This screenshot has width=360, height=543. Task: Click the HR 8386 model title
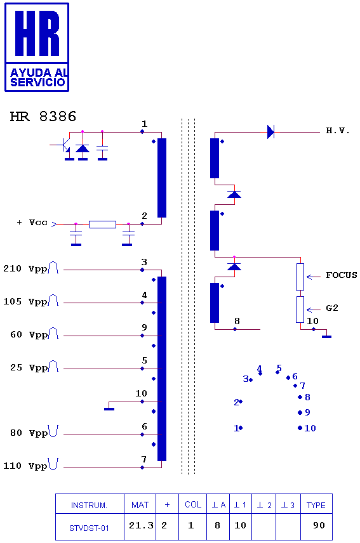tap(43, 116)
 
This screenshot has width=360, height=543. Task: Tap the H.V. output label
tap(338, 131)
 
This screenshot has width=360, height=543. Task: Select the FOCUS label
tap(342, 275)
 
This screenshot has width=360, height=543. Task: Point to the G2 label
tap(332, 308)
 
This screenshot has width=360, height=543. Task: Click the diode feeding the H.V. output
tap(270, 132)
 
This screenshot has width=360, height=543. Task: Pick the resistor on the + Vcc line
tap(103, 225)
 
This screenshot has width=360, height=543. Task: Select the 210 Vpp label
tap(25, 269)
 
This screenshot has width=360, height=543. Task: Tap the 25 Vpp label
tap(29, 368)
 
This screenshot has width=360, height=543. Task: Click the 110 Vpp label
tap(25, 466)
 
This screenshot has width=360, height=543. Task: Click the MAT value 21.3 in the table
tap(141, 526)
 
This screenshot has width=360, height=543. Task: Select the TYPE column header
tap(316, 505)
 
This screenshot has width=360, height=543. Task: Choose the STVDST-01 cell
tap(89, 528)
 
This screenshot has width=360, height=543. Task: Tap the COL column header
tap(193, 504)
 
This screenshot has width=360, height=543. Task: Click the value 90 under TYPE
tap(319, 526)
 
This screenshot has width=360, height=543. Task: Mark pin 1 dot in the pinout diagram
tap(241, 428)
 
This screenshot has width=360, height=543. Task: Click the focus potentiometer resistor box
tap(300, 277)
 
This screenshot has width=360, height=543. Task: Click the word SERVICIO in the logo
tap(37, 82)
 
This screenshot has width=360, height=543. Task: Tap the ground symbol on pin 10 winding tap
tap(109, 409)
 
